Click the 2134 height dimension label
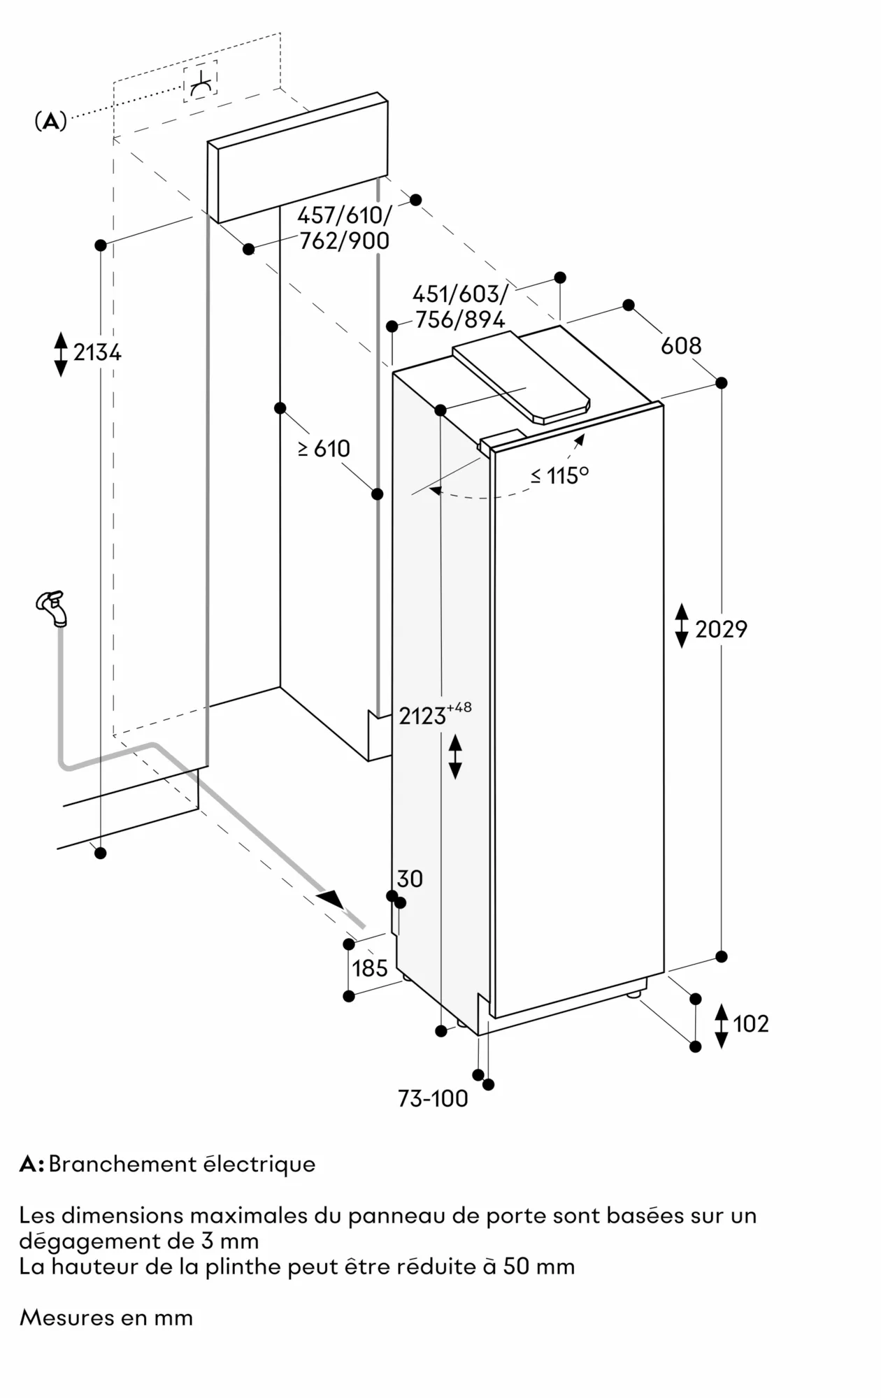click(x=97, y=353)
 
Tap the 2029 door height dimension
click(x=721, y=629)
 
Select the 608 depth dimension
click(x=680, y=345)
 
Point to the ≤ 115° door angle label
click(x=559, y=475)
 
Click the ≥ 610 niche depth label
click(x=324, y=448)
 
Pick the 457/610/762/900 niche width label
click(x=344, y=228)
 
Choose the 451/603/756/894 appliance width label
click(x=459, y=307)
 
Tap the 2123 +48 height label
click(x=434, y=714)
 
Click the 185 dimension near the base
click(x=369, y=968)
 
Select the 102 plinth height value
click(x=750, y=1024)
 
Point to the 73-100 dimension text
click(x=433, y=1099)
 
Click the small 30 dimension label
click(x=410, y=879)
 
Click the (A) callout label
click(x=50, y=122)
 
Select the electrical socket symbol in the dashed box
click(x=201, y=82)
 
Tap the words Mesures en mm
click(x=106, y=1318)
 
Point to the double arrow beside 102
click(x=722, y=1025)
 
